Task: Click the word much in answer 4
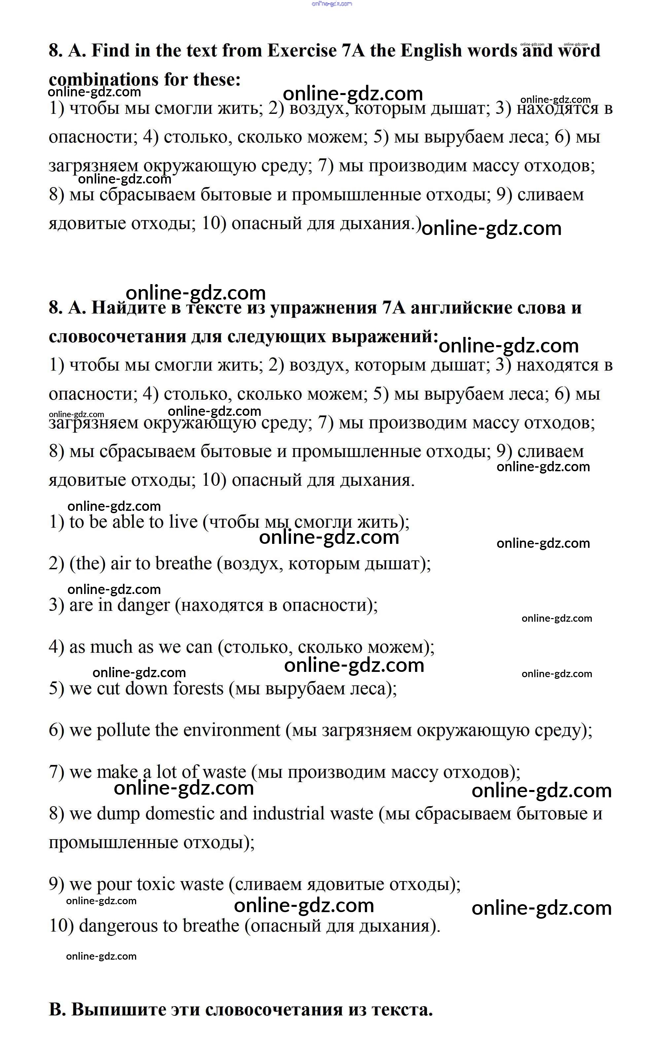click(x=111, y=647)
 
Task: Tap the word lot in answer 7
click(x=166, y=772)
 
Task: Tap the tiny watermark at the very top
click(x=332, y=4)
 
